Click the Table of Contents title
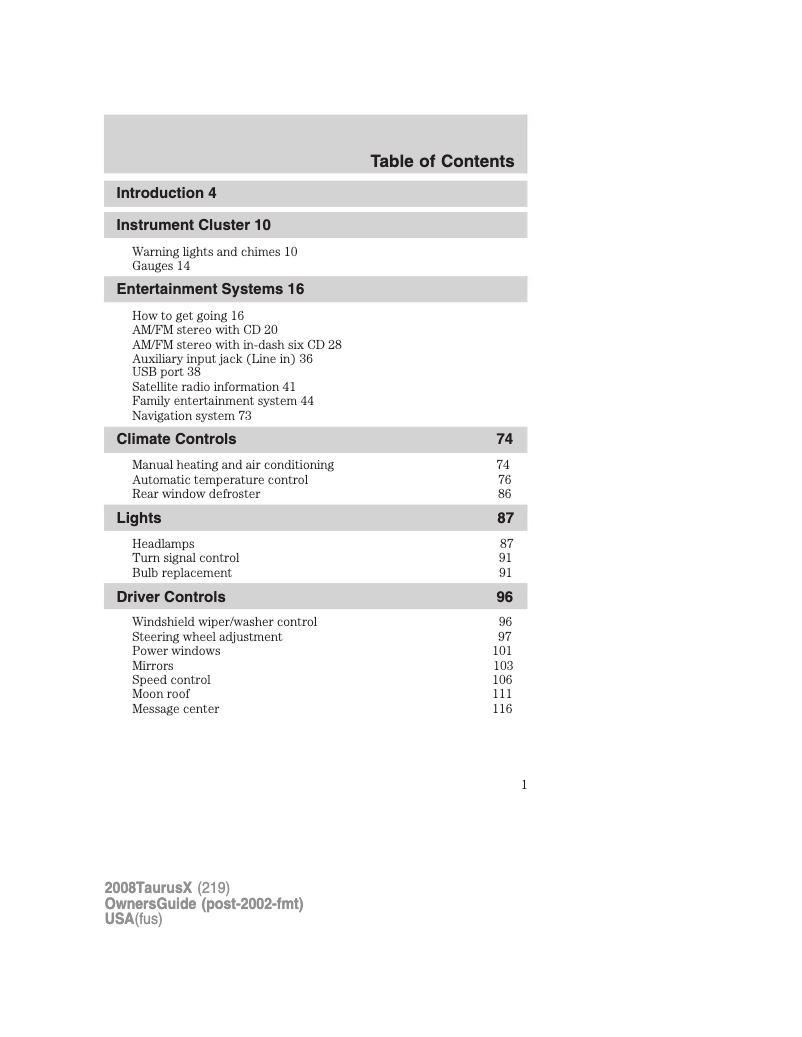[x=441, y=161]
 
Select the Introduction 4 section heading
[x=166, y=193]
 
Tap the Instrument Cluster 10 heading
[x=193, y=225]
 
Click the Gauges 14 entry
[x=160, y=266]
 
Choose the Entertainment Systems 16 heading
[x=210, y=289]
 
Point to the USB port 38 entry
[x=166, y=371]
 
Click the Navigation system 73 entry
[x=191, y=415]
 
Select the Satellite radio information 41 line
[x=213, y=386]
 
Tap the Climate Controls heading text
[x=176, y=439]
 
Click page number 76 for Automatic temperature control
[x=504, y=480]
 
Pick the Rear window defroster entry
[x=196, y=494]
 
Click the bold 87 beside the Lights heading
[x=505, y=518]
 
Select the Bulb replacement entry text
[x=181, y=573]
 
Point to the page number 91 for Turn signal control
[x=505, y=558]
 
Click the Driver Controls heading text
[x=170, y=597]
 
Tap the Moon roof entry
[x=160, y=694]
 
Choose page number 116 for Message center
[x=502, y=709]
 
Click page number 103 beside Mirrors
[x=502, y=666]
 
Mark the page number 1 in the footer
[x=523, y=785]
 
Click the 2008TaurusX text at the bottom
[x=148, y=888]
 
